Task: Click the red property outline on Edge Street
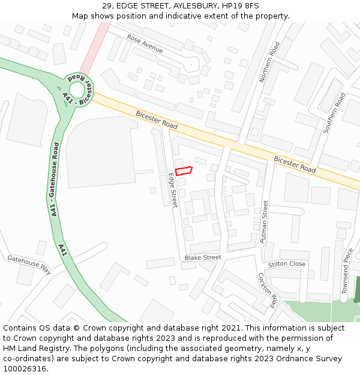[x=183, y=170]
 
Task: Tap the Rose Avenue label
[x=145, y=43]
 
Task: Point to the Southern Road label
[x=334, y=113]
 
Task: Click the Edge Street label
[x=173, y=190]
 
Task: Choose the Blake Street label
[x=203, y=257]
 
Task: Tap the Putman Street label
[x=264, y=221]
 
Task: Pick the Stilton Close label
[x=287, y=264]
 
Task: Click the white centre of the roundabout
[x=77, y=91]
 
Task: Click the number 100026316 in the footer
[x=25, y=368]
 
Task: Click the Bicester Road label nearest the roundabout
[x=157, y=120]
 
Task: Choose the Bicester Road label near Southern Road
[x=295, y=164]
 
